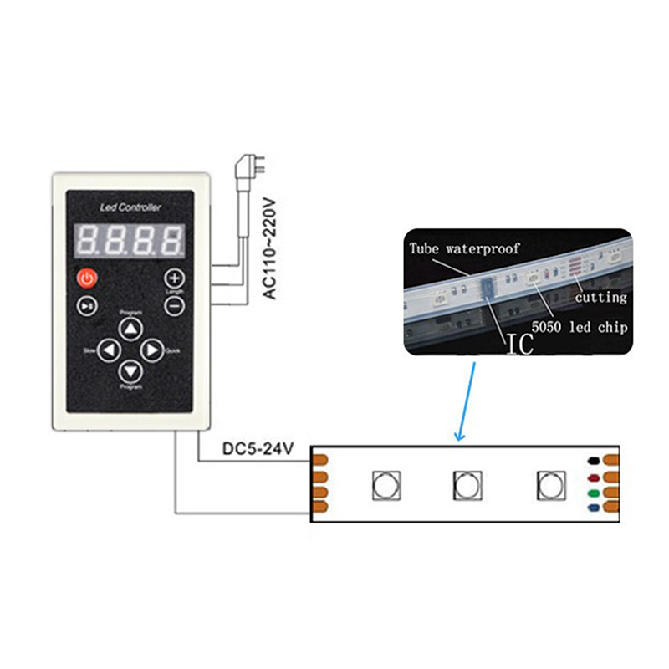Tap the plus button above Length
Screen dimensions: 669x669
(174, 278)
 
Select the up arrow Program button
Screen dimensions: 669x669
(130, 329)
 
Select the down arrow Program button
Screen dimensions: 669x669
(130, 371)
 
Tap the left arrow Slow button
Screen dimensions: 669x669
(109, 350)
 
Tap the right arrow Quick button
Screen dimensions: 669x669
(151, 350)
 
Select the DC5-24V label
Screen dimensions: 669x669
(258, 449)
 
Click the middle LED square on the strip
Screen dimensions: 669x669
(466, 483)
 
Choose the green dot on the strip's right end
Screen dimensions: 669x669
(592, 493)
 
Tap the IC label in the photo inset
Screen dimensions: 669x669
(519, 343)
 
